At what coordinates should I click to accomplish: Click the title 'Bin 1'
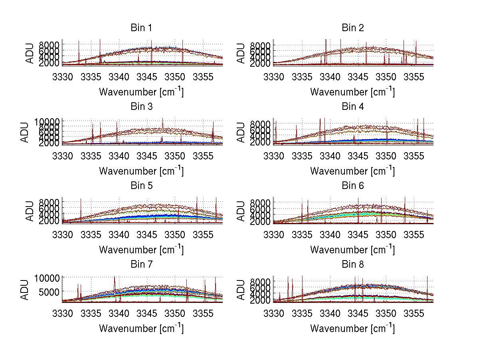pos(141,28)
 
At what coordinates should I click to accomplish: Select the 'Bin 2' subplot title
pos(353,28)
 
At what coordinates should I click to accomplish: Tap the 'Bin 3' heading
pos(141,107)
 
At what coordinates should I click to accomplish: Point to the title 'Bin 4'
pos(353,107)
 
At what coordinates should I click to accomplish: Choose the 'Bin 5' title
pos(141,185)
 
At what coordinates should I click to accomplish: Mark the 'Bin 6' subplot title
pos(353,185)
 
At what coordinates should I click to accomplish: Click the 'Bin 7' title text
pos(141,264)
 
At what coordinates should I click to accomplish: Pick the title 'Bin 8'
pos(353,264)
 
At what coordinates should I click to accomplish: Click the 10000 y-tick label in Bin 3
pos(49,121)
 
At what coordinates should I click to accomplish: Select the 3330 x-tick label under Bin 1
pos(63,77)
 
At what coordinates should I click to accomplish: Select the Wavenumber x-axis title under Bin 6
pos(352,250)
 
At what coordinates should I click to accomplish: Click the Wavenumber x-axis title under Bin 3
pos(141,171)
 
